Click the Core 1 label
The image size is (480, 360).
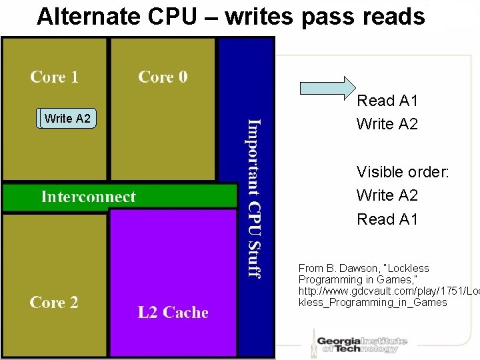[x=54, y=77]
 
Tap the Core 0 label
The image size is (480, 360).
[x=163, y=77]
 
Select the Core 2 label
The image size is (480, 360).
[x=54, y=302]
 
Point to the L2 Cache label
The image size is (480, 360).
[x=173, y=312]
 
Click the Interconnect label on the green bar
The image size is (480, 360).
[x=88, y=196]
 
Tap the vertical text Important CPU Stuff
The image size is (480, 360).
[x=254, y=197]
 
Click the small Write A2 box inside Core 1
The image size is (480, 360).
[x=67, y=119]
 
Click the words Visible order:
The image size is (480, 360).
[x=403, y=172]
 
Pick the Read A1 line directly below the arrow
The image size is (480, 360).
[x=387, y=101]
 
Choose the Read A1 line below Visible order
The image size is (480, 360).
[x=387, y=219]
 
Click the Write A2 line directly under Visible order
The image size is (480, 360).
[x=387, y=195]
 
